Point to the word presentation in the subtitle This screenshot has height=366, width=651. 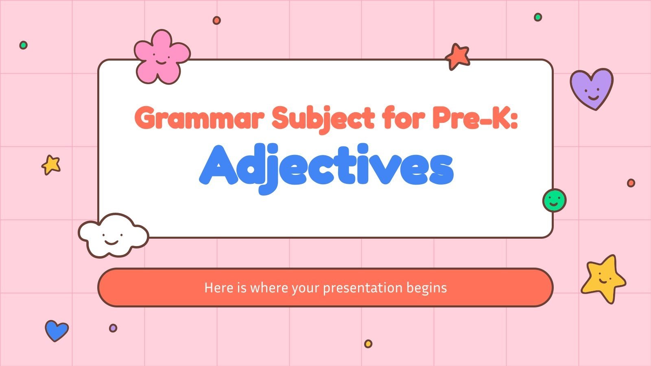click(356, 288)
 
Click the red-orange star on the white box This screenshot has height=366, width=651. click(458, 57)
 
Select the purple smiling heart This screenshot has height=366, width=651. click(591, 88)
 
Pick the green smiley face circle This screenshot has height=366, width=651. click(554, 200)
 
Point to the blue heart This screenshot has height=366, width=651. click(56, 330)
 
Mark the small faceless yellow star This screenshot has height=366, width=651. click(51, 165)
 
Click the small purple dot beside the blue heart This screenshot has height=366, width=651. click(113, 328)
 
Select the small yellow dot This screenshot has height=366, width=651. click(368, 344)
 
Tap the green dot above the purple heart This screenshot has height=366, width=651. click(538, 17)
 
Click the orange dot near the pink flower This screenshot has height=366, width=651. click(217, 20)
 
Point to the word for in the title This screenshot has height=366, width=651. click(402, 118)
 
